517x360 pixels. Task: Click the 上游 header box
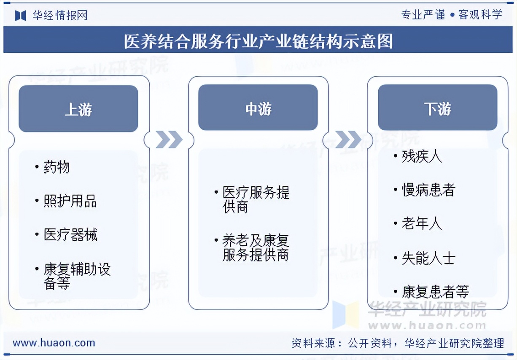pos(78,109)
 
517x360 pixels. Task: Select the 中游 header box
pos(258,108)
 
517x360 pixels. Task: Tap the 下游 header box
pos(437,108)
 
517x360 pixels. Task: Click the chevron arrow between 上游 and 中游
pos(169,140)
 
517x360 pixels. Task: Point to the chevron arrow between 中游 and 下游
pos(348,140)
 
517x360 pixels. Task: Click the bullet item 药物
pos(57,168)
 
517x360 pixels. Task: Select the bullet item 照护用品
pos(70,201)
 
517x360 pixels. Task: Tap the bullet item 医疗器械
pos(70,234)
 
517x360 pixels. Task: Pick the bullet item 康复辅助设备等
pos(77,276)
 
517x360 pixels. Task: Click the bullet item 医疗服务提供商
pos(256,199)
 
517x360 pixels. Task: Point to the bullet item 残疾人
pos(422,157)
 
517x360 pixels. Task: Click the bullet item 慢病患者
pos(428,190)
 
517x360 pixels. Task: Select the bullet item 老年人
pos(422,223)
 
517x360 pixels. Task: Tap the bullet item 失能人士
pos(428,258)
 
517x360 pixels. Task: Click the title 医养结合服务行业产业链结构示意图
pos(258,41)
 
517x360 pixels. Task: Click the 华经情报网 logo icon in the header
pos(21,16)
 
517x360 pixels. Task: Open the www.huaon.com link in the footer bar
pos(54,343)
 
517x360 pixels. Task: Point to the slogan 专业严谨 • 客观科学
pos(452,15)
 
